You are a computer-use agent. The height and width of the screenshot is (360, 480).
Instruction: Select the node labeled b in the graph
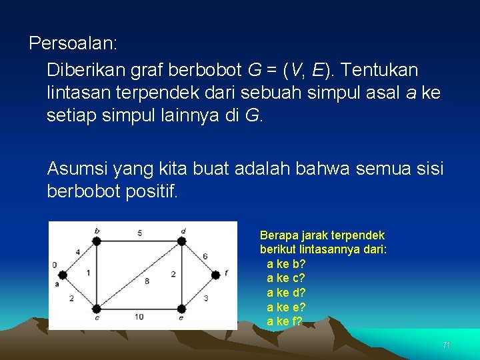click(x=96, y=241)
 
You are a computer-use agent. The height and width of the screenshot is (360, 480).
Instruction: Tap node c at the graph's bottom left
click(x=96, y=309)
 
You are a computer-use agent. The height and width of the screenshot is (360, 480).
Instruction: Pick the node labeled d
click(x=182, y=241)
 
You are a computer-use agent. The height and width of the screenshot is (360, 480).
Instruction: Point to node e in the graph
click(x=182, y=309)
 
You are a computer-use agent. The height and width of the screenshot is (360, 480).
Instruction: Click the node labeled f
click(x=215, y=275)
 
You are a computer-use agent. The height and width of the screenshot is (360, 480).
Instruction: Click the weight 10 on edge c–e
click(x=139, y=317)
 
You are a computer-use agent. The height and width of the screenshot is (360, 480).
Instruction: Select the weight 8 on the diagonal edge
click(x=147, y=281)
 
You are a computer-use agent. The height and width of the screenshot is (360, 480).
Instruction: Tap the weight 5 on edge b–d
click(x=139, y=233)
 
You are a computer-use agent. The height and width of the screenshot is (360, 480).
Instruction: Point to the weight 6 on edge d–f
click(x=205, y=256)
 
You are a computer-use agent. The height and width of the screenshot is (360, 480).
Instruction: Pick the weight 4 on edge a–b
click(x=77, y=252)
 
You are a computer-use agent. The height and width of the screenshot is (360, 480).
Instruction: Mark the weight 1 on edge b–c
click(x=89, y=273)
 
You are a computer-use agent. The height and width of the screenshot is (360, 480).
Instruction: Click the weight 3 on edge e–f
click(x=205, y=297)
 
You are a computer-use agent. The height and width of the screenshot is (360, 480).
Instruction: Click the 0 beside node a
click(x=55, y=265)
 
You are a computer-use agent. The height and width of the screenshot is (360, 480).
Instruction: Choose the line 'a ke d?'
click(x=286, y=293)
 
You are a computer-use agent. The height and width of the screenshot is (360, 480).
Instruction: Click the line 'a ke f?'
click(x=284, y=321)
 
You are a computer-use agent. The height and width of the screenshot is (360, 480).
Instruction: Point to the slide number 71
click(x=447, y=345)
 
